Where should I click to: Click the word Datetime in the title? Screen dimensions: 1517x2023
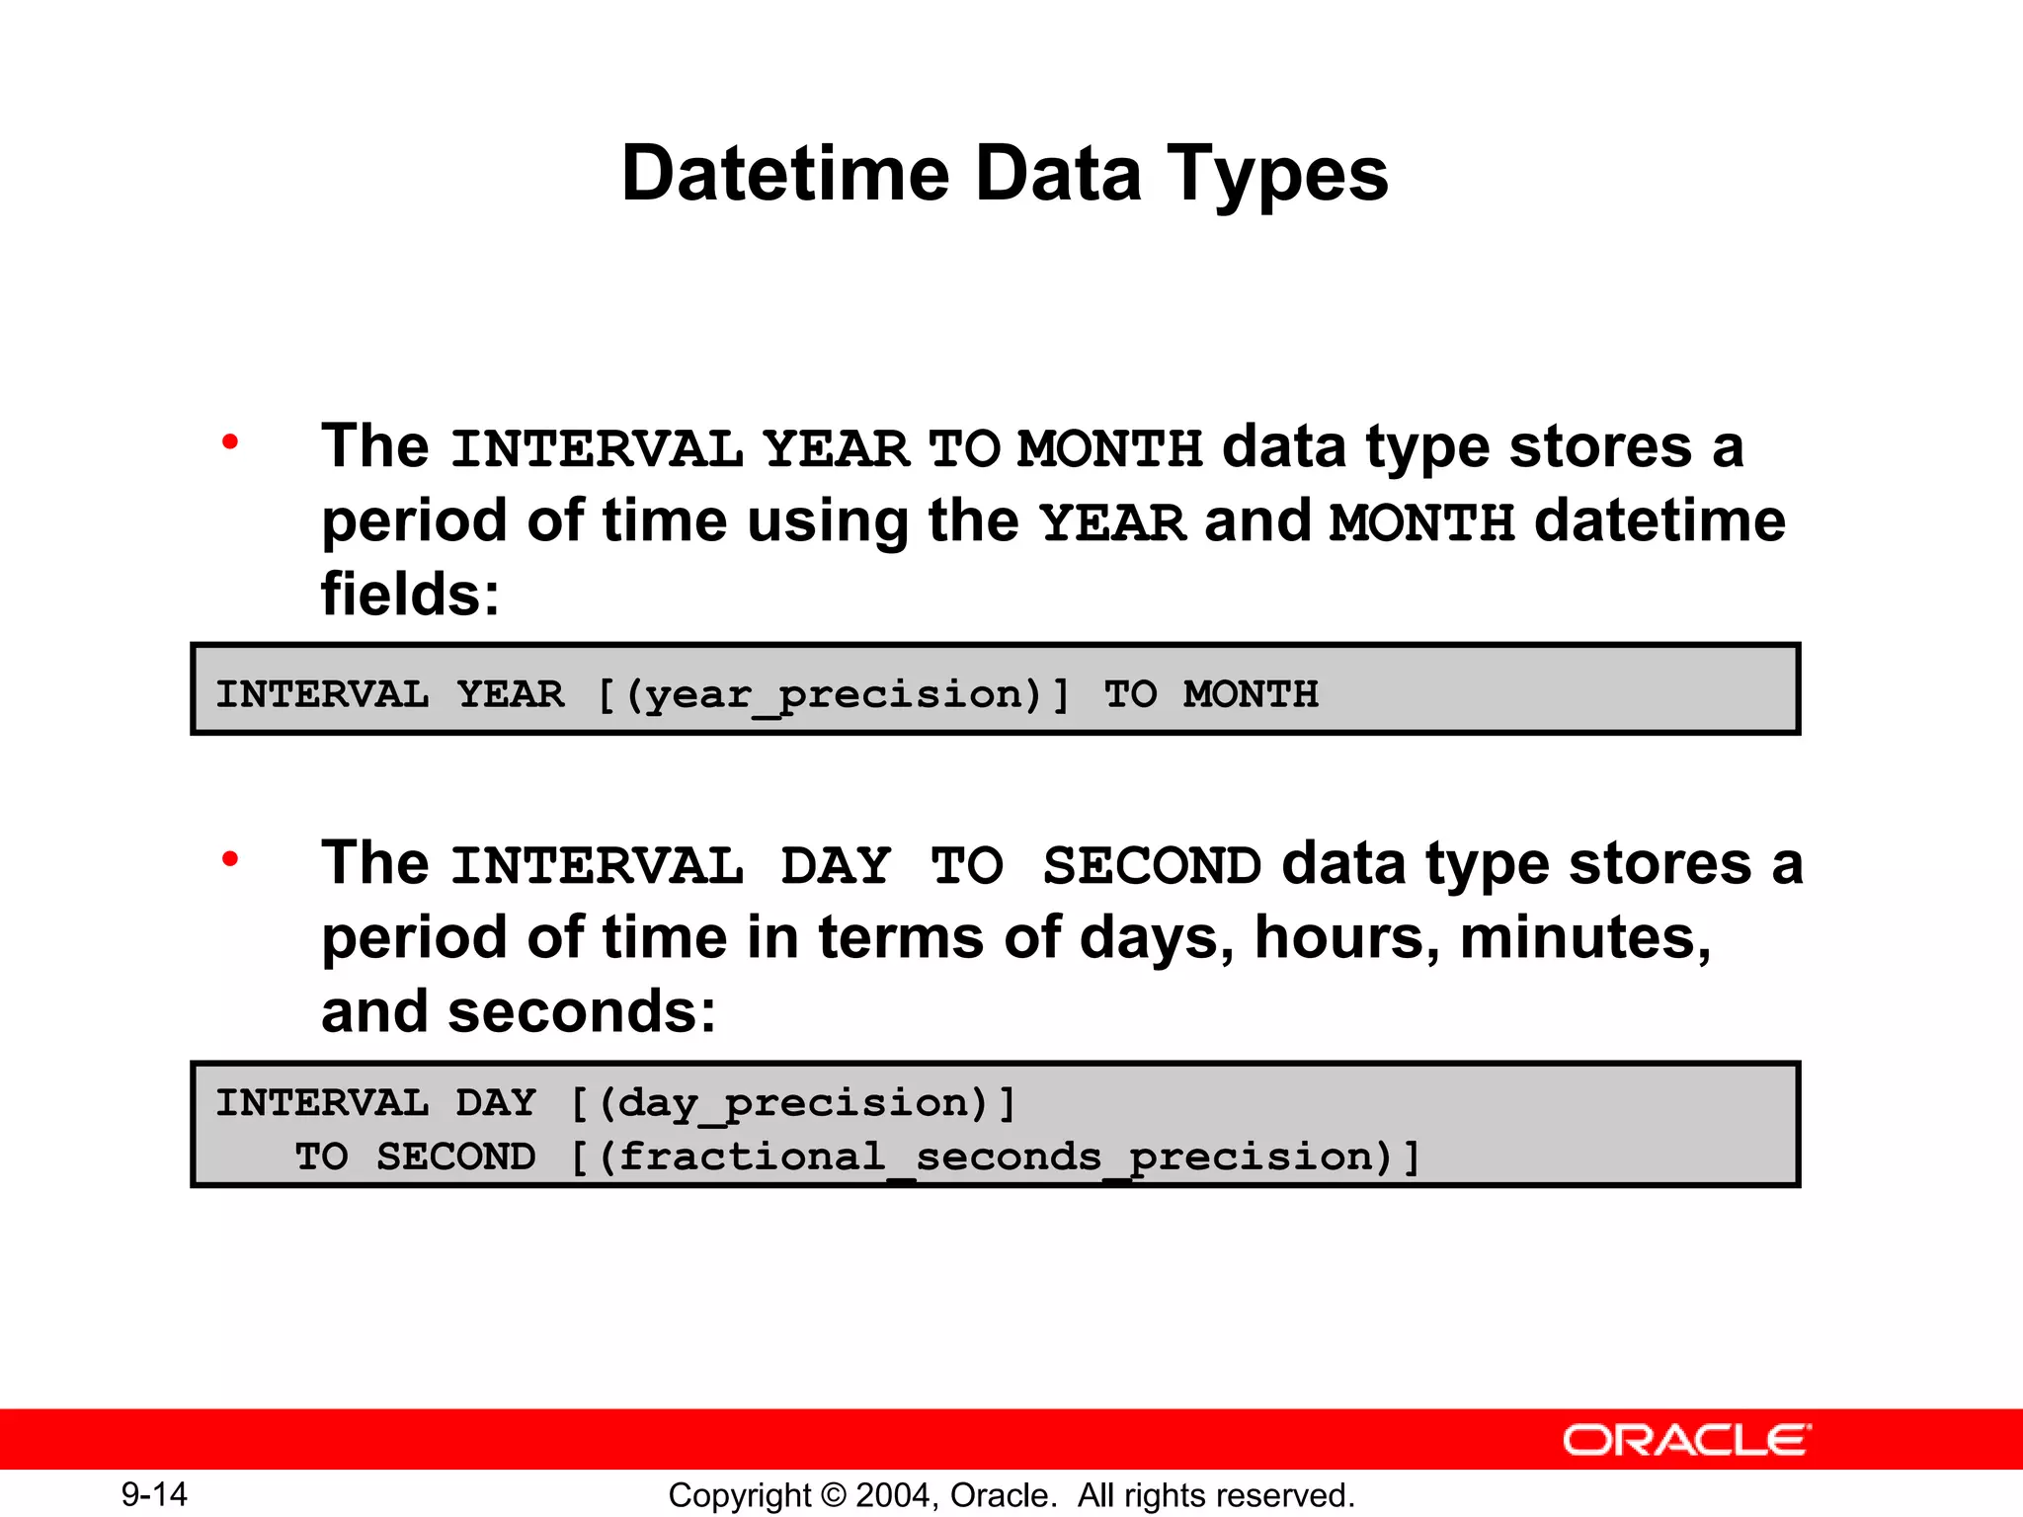pyautogui.click(x=784, y=174)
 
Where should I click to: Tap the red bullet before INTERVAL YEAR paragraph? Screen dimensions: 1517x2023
pyautogui.click(x=230, y=441)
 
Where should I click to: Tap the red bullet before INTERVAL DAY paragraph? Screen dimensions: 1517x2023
pyautogui.click(x=230, y=859)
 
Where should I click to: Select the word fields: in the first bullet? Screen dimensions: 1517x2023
pyautogui.click(x=410, y=595)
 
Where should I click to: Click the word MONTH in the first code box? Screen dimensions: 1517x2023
pyautogui.click(x=1251, y=694)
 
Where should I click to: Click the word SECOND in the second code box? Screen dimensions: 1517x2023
pyautogui.click(x=455, y=1158)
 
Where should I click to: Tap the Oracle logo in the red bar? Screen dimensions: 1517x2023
pyautogui.click(x=1687, y=1440)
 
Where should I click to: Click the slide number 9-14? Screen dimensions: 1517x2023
pyautogui.click(x=154, y=1494)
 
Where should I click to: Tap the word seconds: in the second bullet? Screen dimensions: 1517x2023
pyautogui.click(x=582, y=1011)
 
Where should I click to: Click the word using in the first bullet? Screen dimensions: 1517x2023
pyautogui.click(x=827, y=520)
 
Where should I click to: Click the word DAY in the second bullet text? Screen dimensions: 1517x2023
pyautogui.click(x=836, y=866)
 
